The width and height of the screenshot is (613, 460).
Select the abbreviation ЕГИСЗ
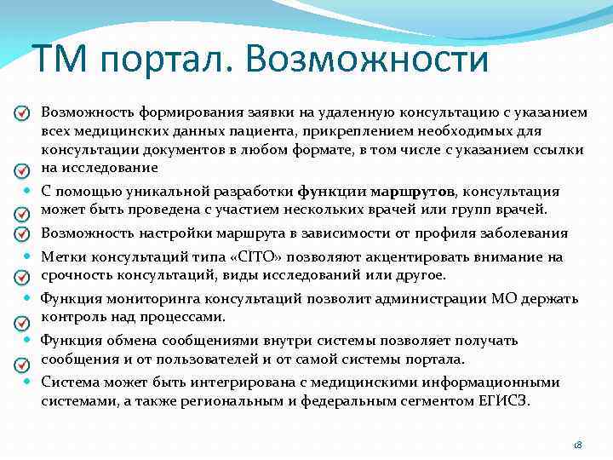coord(506,400)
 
